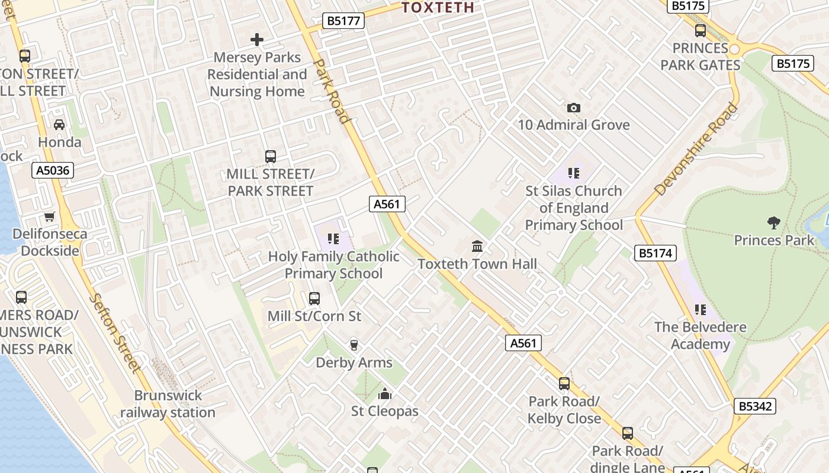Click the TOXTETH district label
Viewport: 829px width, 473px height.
click(438, 7)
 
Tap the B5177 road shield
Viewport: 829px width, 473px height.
click(343, 21)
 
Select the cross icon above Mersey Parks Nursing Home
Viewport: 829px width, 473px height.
click(257, 40)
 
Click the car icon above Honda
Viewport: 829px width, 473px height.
click(59, 125)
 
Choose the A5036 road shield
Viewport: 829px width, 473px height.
click(53, 171)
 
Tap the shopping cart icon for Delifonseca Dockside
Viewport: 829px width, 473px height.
click(50, 217)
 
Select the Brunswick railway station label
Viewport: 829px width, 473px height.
click(168, 404)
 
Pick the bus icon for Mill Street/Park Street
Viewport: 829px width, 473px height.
click(271, 157)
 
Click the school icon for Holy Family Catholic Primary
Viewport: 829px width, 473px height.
click(333, 239)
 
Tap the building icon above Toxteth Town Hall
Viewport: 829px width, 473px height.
click(477, 246)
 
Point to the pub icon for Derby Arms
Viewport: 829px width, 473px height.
click(354, 345)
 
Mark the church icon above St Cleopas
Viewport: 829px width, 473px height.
click(385, 394)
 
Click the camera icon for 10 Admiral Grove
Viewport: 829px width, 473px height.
click(573, 108)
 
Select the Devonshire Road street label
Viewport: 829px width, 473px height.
click(697, 150)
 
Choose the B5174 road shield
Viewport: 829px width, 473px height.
click(656, 254)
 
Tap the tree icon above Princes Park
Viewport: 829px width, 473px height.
click(773, 223)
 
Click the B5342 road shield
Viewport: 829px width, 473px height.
click(756, 406)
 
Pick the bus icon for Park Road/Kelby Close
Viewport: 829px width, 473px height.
click(564, 384)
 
